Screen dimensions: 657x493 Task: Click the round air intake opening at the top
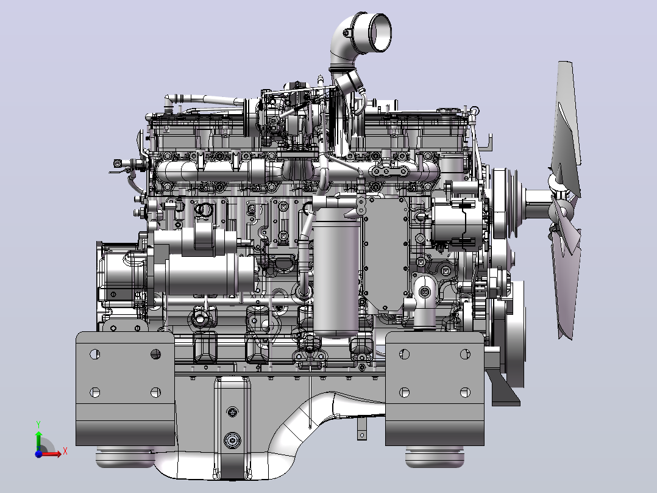380,33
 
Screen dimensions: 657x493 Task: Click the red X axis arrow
52,453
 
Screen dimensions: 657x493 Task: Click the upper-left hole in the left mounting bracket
94,354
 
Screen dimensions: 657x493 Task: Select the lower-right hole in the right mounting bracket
465,392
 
